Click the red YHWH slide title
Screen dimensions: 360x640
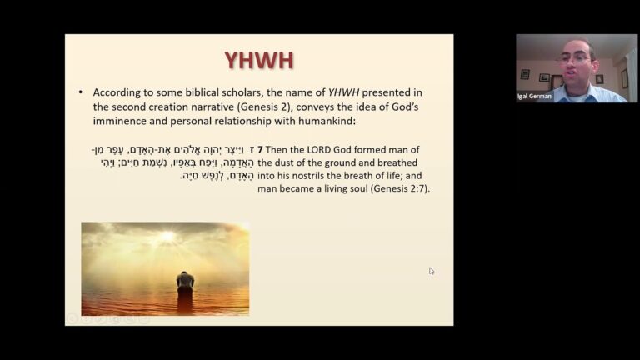pos(258,60)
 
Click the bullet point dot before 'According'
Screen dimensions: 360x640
pos(80,92)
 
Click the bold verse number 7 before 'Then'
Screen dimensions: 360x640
pos(260,149)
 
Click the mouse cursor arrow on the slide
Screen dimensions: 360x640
pos(431,270)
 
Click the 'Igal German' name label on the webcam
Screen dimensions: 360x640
pos(534,96)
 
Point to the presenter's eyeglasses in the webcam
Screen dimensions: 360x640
pos(574,58)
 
